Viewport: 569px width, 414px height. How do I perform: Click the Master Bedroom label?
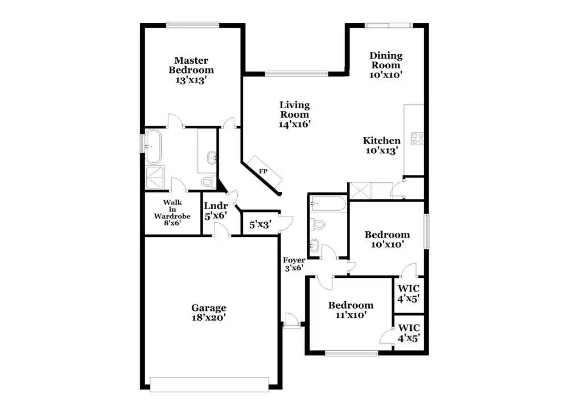coord(191,70)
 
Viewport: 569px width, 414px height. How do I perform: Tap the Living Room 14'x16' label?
coord(294,114)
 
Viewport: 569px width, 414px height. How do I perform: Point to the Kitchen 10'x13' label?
coord(382,146)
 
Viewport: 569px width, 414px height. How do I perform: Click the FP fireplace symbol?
coord(263,170)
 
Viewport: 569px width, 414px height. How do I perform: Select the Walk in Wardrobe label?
coord(172,213)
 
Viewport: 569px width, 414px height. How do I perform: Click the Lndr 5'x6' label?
coord(216,211)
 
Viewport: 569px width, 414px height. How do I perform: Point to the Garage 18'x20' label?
coord(208,313)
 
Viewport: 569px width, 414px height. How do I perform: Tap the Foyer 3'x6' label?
coord(294,264)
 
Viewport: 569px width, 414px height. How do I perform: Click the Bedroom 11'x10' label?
coord(351,310)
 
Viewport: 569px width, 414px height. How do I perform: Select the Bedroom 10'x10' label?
coord(387,239)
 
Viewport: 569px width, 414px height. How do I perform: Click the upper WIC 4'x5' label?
coord(409,293)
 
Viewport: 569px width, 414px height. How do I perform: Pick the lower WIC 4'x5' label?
coord(409,333)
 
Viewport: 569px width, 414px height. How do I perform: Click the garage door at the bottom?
coord(209,384)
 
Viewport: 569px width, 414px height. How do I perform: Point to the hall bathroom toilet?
coord(318,224)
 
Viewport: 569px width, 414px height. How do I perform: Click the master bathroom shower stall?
coord(157,177)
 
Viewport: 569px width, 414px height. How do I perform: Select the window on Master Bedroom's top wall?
coord(192,24)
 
